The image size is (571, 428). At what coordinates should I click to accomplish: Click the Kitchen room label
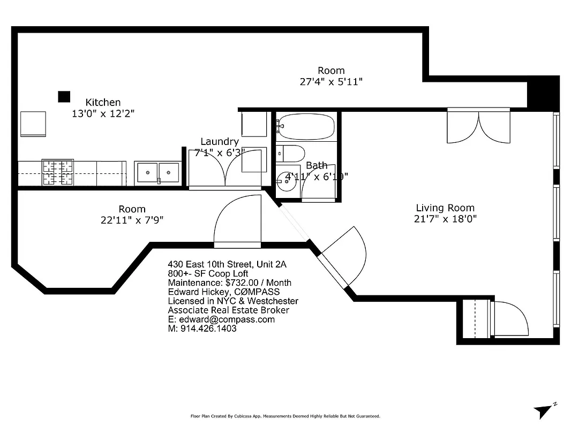(x=103, y=102)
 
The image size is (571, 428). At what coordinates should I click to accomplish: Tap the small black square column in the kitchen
(x=64, y=96)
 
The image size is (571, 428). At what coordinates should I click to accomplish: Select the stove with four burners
(x=58, y=172)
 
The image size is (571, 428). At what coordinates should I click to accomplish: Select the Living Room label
(x=445, y=208)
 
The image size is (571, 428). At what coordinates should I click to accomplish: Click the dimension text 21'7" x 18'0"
(x=445, y=218)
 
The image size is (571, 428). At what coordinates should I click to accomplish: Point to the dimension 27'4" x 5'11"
(x=331, y=82)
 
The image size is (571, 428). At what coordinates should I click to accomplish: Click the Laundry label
(x=220, y=142)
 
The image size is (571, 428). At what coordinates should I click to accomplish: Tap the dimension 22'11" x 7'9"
(x=132, y=219)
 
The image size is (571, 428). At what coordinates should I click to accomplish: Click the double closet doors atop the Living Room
(x=479, y=126)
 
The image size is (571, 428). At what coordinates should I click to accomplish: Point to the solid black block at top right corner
(x=543, y=95)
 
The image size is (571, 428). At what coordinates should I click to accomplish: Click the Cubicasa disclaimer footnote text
(x=285, y=416)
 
